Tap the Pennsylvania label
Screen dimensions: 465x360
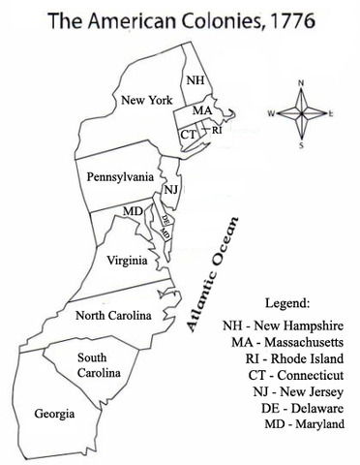point(120,178)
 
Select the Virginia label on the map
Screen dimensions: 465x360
point(127,260)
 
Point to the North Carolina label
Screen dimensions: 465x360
point(114,315)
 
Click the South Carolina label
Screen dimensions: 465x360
point(99,365)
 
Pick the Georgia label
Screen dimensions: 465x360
point(55,414)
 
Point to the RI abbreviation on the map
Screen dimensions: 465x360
point(217,129)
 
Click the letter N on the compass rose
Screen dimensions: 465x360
point(301,83)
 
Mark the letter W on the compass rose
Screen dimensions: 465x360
point(271,113)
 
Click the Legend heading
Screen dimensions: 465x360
point(279,302)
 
